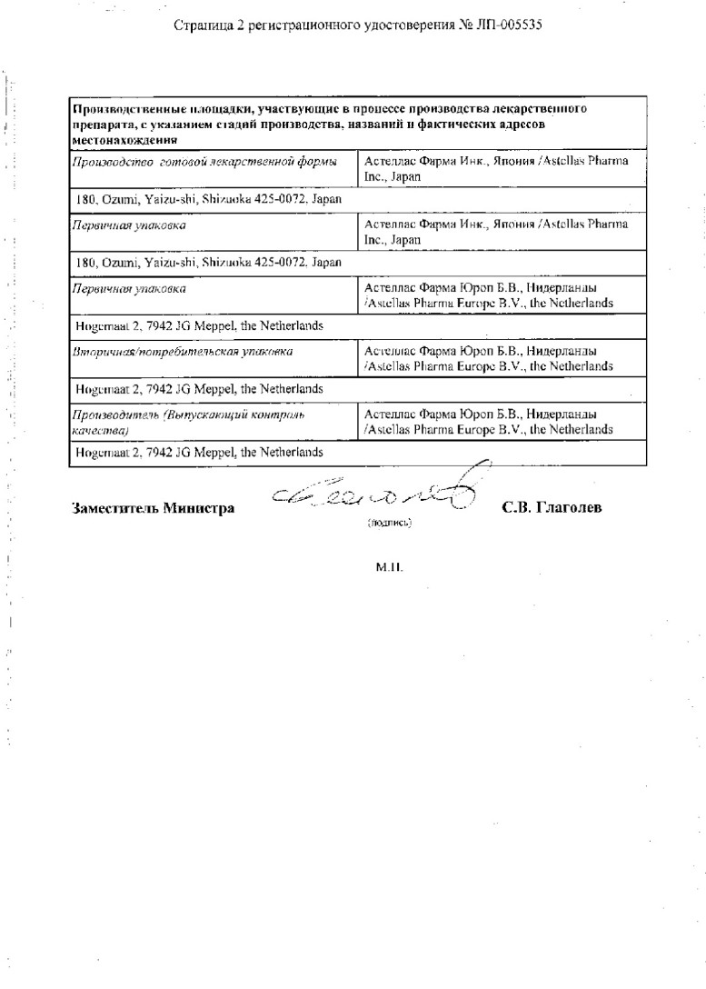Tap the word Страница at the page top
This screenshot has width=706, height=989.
[200, 25]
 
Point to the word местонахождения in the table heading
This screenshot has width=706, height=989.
[123, 140]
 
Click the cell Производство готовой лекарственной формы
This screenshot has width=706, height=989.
[206, 162]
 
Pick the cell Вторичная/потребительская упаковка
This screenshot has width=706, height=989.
[184, 350]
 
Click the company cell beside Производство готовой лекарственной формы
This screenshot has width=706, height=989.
[496, 168]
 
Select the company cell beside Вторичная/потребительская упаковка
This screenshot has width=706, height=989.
[488, 357]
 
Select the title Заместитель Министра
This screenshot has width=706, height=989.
[153, 508]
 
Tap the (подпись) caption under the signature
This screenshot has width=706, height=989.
[389, 523]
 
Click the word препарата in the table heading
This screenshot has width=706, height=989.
[103, 125]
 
